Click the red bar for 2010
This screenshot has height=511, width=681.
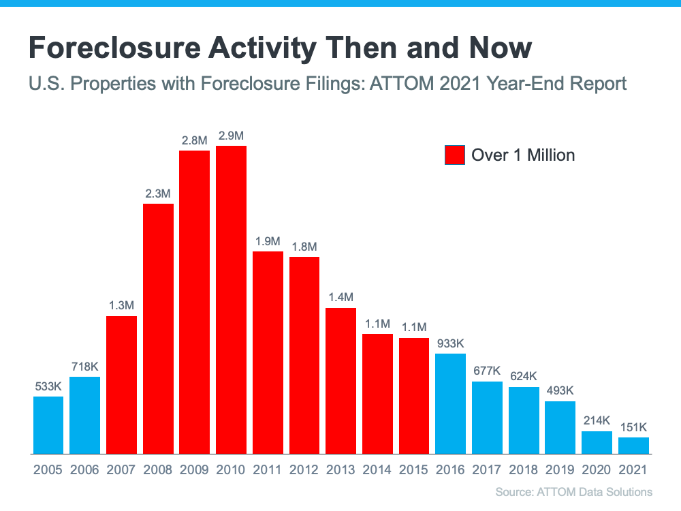(x=231, y=300)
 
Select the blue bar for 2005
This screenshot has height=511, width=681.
(x=48, y=424)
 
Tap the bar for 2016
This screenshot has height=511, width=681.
(x=450, y=403)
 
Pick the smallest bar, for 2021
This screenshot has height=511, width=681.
(x=633, y=445)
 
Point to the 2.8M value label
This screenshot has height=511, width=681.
(x=194, y=140)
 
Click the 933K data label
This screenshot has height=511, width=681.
(x=450, y=343)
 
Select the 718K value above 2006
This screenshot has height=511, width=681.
(x=85, y=367)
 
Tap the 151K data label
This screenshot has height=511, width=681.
(x=633, y=427)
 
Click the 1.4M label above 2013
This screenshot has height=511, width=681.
(x=340, y=298)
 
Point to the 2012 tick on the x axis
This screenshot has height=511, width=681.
(x=304, y=470)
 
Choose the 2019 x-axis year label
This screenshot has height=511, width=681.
(x=560, y=470)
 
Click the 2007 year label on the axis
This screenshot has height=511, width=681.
(x=121, y=470)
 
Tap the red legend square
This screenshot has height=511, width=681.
(x=454, y=155)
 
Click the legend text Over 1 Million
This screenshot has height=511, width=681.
(x=523, y=155)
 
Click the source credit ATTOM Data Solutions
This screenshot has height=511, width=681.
(x=574, y=492)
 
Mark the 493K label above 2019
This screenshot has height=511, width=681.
(x=560, y=391)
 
